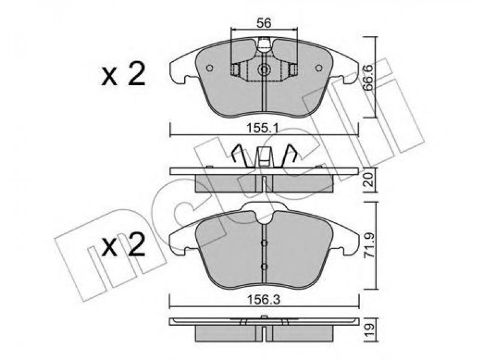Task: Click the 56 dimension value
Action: (263, 23)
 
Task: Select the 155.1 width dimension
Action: (263, 128)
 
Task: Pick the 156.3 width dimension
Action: (264, 300)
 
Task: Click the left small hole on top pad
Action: (209, 68)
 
